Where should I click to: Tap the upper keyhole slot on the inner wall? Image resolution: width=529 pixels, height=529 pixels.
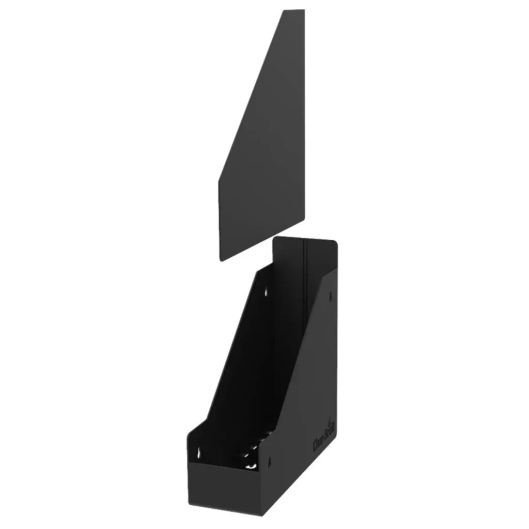coord(267,292)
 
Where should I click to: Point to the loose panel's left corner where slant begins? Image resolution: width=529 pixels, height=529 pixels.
coord(219,180)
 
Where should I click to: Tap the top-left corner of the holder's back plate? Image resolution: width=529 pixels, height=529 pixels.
coord(275,239)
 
